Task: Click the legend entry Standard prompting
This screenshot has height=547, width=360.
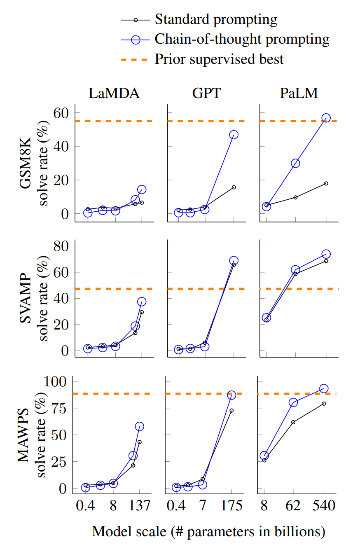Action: pos(215,19)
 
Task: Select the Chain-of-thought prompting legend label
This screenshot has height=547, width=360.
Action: pos(242,39)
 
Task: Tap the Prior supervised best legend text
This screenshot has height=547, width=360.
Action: pos(219,59)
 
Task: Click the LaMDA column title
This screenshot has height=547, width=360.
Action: pos(114,94)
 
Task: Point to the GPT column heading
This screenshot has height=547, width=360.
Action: pos(206,94)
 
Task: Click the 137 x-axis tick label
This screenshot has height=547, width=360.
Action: pos(139,505)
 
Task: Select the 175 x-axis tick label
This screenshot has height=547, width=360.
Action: pos(231,505)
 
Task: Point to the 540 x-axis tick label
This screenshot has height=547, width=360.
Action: pos(324,505)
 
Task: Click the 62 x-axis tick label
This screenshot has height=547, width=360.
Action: pos(293,505)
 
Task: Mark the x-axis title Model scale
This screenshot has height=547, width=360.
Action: pos(208,531)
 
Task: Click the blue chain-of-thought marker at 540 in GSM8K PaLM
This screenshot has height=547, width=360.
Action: pos(326,118)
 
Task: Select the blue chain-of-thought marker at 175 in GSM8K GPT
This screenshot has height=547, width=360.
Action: pos(234,135)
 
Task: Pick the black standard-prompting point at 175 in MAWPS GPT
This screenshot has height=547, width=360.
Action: pos(231,411)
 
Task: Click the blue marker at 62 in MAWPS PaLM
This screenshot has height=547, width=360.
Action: pos(293,402)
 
